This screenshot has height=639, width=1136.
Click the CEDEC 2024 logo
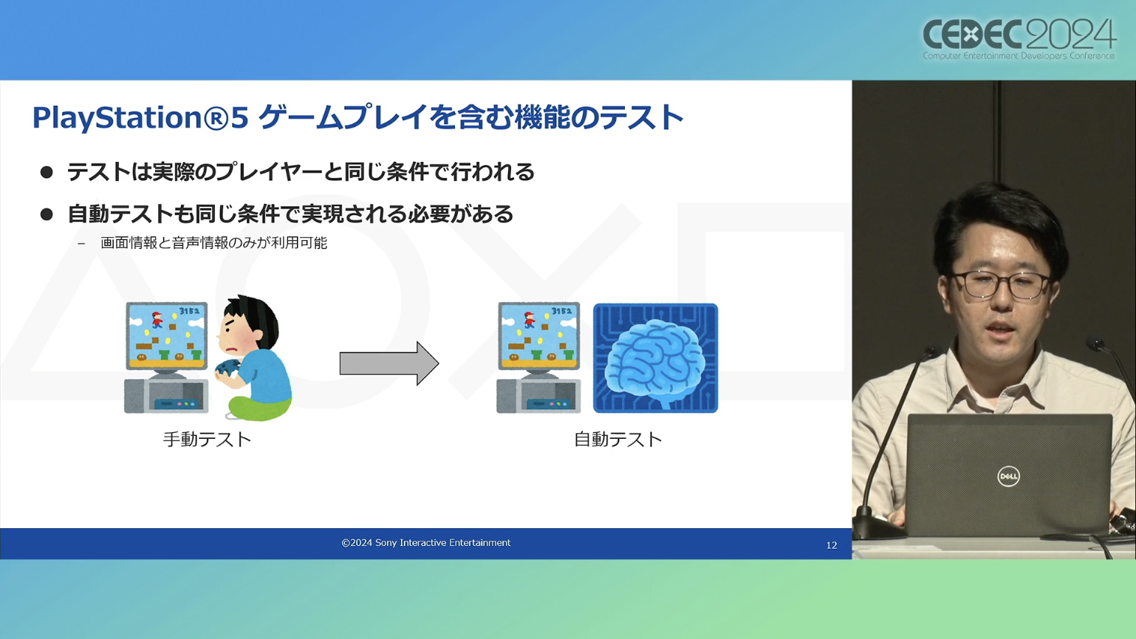coord(1019,40)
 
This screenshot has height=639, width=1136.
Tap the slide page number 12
coord(831,545)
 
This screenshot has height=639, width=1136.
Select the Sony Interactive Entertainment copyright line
coord(426,543)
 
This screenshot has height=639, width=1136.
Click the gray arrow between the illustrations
coord(389,363)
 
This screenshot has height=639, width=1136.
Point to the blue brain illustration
coord(655,358)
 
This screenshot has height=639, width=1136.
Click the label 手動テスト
coord(207,440)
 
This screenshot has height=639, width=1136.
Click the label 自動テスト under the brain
coord(617,440)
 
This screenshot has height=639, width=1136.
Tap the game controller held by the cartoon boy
coord(227,369)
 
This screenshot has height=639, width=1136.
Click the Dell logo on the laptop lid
coord(1008,476)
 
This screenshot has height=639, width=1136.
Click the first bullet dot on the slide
coord(47,172)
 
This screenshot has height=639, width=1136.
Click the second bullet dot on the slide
coord(47,214)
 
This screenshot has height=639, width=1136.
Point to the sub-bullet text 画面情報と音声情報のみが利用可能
coord(213,243)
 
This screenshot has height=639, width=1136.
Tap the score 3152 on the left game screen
coord(189,310)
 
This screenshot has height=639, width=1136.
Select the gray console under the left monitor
coord(166,395)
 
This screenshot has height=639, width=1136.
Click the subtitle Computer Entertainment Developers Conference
coord(1019,56)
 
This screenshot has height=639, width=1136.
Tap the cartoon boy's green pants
coord(260,407)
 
